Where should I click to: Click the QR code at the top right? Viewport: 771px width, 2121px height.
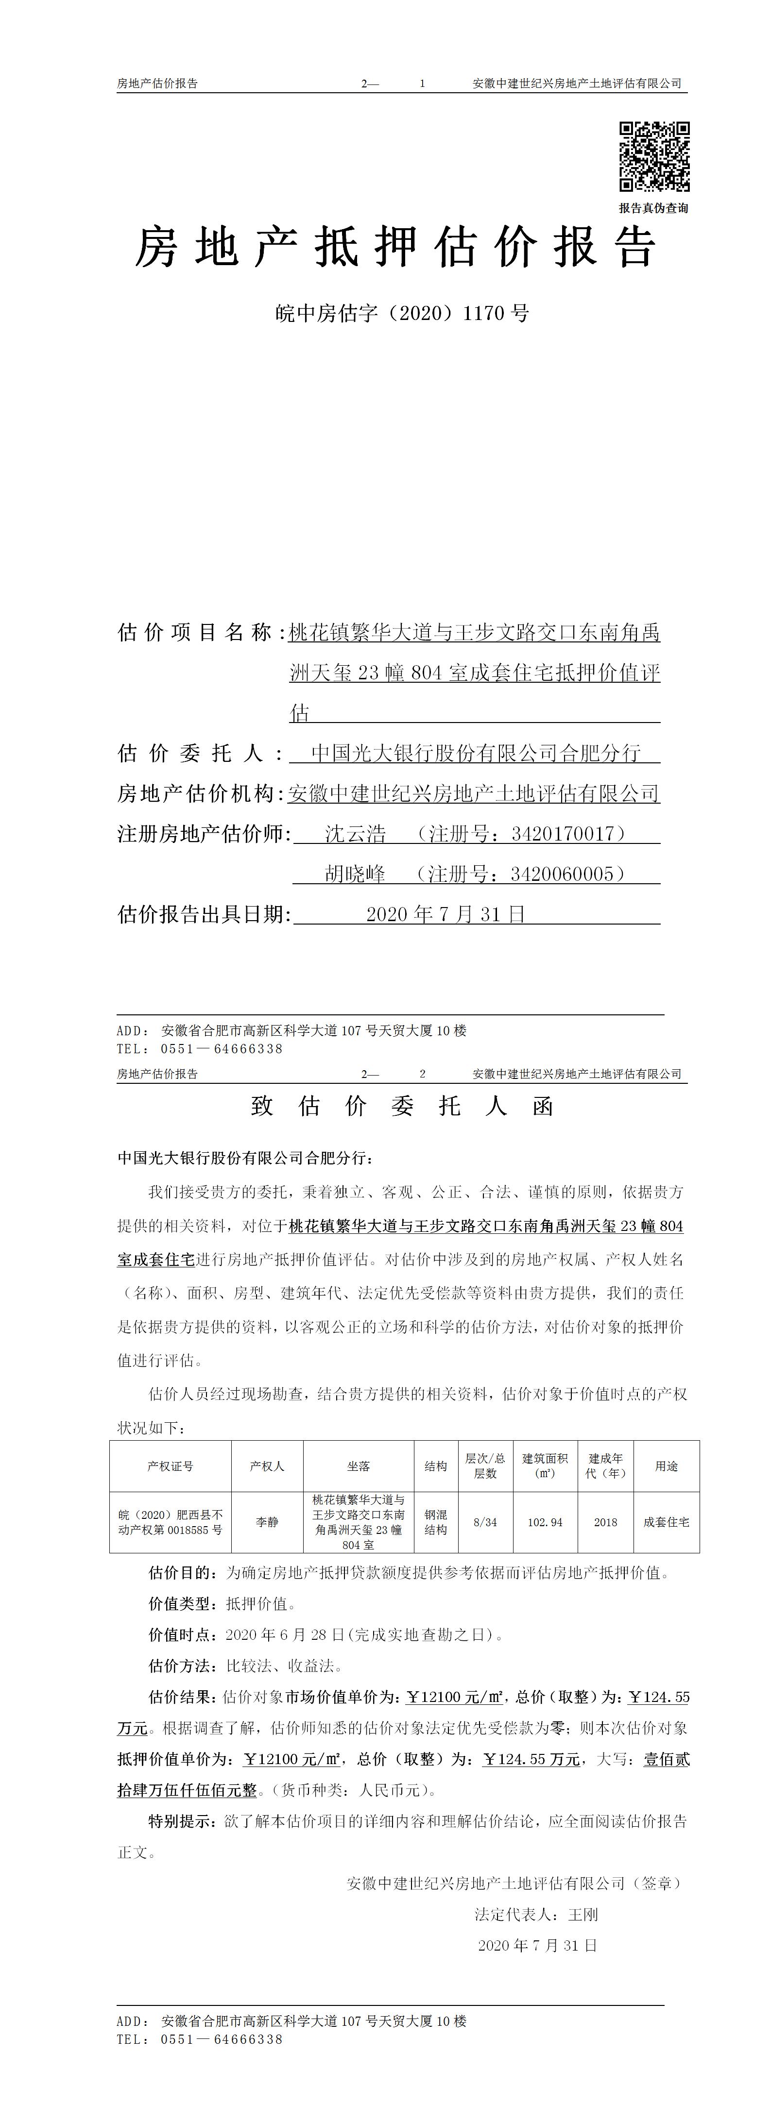pos(654,156)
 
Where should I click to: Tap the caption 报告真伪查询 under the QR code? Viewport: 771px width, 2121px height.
pos(653,208)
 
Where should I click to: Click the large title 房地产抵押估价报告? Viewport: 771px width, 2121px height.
pos(395,247)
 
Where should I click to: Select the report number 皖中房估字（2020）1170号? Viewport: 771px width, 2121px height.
pos(402,313)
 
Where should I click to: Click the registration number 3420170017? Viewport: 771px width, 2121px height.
pos(563,833)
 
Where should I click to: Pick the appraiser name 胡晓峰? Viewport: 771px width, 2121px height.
pos(355,874)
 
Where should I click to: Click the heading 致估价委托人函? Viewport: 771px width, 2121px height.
pos(402,1106)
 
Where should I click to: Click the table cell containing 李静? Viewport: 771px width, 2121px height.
pos(267,1522)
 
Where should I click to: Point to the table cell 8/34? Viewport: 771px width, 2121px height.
pos(485,1522)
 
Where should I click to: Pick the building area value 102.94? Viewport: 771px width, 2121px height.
pos(545,1522)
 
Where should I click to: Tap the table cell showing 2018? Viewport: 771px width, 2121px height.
pos(605,1522)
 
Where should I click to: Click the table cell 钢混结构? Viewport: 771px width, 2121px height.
pos(436,1522)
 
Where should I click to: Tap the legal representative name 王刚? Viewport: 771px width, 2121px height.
pos(583,1914)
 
